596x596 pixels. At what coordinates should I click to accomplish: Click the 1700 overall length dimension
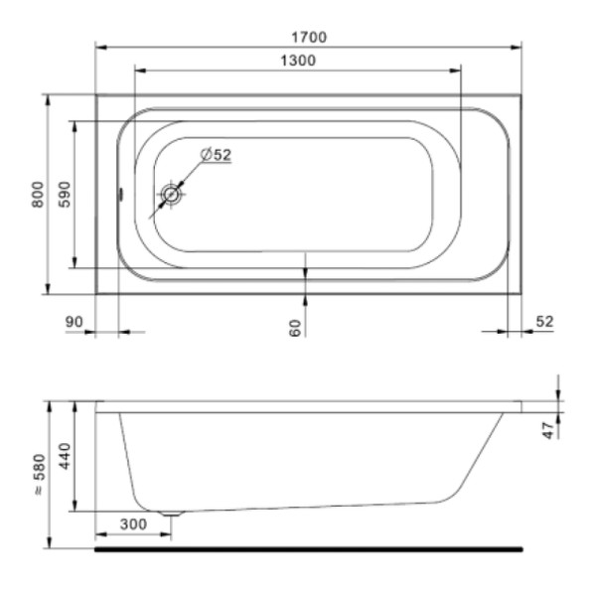pos(309,37)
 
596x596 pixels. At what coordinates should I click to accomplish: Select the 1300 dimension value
pos(297,61)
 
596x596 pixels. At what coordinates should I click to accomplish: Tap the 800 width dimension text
pos(38,194)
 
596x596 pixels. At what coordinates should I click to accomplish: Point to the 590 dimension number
pos(64,194)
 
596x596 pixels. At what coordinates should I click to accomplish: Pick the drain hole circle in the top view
pos(172,195)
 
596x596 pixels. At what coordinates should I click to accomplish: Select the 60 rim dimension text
pos(295,327)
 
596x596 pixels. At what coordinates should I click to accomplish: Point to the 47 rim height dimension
pos(547,431)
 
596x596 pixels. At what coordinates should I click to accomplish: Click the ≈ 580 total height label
pos(38,476)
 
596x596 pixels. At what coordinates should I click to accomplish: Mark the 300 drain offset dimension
pos(132,523)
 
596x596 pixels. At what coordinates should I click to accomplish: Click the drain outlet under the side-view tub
pos(172,514)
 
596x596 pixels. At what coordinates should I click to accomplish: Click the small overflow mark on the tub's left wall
pos(118,195)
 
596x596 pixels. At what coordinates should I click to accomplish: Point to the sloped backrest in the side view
pos(483,456)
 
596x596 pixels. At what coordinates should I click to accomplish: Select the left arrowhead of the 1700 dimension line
pos(100,46)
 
